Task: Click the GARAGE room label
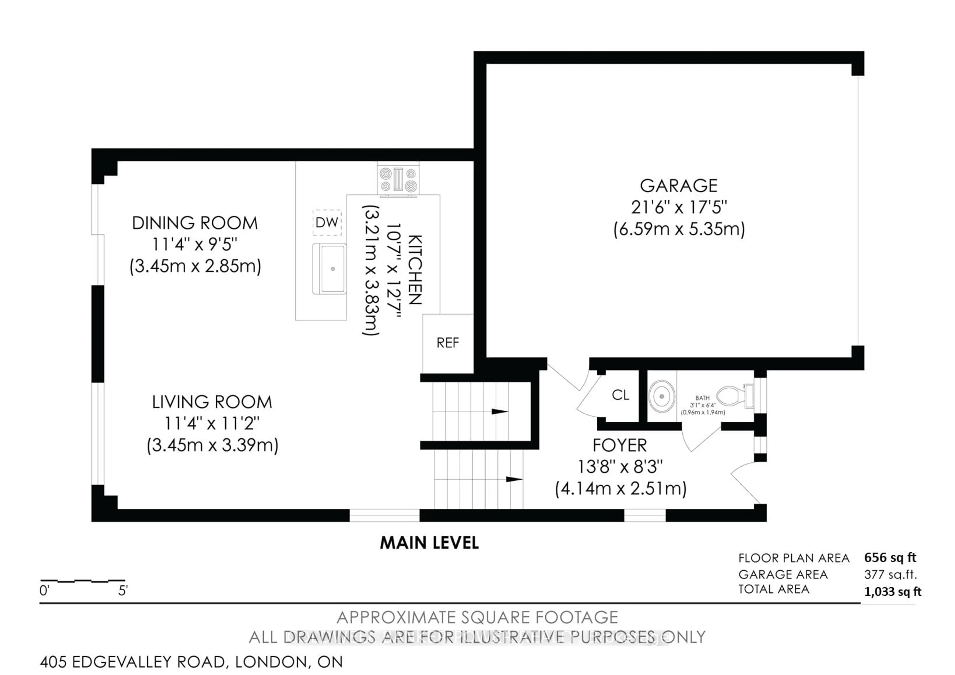click(x=678, y=186)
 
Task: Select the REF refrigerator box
click(x=448, y=343)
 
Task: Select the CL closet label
click(x=621, y=395)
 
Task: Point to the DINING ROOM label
click(x=195, y=223)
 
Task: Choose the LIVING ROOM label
click(x=212, y=402)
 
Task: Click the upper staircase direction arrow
click(x=500, y=412)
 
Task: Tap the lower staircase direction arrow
click(x=514, y=479)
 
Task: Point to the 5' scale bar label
click(x=123, y=591)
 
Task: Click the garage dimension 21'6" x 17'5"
click(x=678, y=207)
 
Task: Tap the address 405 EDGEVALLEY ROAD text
click(x=133, y=662)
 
